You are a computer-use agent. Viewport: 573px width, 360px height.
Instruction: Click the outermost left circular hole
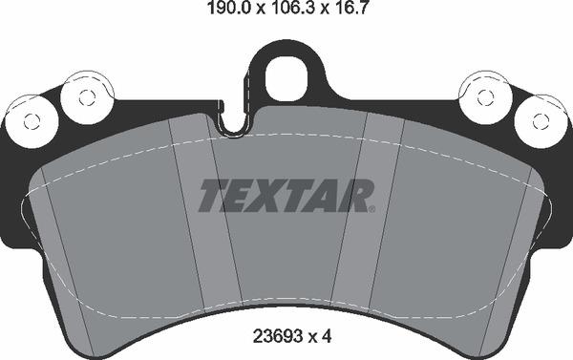point(32,121)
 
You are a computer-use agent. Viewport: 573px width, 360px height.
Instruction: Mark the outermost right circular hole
point(540,121)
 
